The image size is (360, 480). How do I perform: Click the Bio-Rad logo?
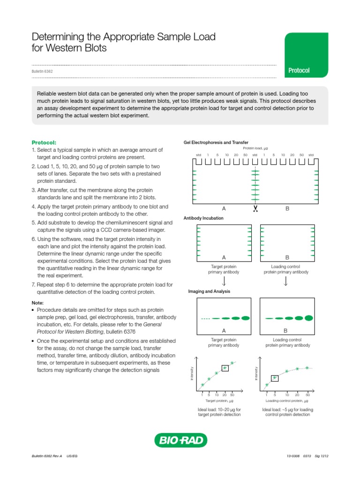[x=180, y=440]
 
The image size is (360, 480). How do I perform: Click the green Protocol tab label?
[x=299, y=70]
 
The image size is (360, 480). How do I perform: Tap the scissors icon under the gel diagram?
[x=255, y=209]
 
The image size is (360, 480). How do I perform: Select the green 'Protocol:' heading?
[x=44, y=142]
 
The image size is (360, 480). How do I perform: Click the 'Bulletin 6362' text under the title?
[x=42, y=71]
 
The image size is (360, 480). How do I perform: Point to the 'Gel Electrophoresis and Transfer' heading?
[x=216, y=142]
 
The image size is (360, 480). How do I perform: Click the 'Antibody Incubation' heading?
[x=203, y=218]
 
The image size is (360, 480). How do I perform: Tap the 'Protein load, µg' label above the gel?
[x=255, y=148]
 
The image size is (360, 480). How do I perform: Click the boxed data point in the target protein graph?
[x=225, y=368]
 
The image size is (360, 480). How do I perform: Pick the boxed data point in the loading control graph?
[x=275, y=378]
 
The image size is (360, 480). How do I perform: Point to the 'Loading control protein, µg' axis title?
[x=286, y=401]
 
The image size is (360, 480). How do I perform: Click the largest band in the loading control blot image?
[x=308, y=318]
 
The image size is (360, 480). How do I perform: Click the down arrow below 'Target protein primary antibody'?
[x=224, y=281]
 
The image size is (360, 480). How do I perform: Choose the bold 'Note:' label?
[x=37, y=303]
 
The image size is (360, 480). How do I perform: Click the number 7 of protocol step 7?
[x=33, y=285]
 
